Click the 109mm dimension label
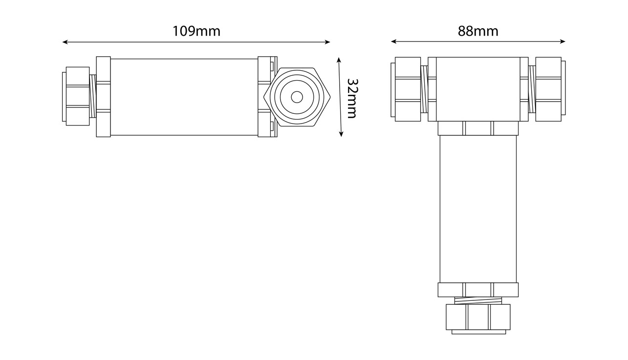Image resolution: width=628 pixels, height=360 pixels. point(196,31)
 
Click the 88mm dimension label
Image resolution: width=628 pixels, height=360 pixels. point(478,31)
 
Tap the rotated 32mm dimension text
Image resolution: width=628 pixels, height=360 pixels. point(351,98)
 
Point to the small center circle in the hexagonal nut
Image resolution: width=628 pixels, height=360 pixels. point(297,97)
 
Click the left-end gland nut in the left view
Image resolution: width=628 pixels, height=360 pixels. point(77,96)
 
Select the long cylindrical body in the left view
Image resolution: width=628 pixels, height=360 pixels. point(184,97)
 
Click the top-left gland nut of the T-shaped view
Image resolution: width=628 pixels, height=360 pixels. point(408,89)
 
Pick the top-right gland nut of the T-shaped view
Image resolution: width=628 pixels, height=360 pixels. point(548,89)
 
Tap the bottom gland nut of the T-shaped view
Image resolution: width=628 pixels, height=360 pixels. point(478,318)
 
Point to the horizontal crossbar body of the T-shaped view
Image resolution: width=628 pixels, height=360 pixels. point(478,89)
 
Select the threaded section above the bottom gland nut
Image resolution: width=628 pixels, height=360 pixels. point(478,300)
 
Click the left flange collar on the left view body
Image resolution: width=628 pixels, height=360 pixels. point(103,97)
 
